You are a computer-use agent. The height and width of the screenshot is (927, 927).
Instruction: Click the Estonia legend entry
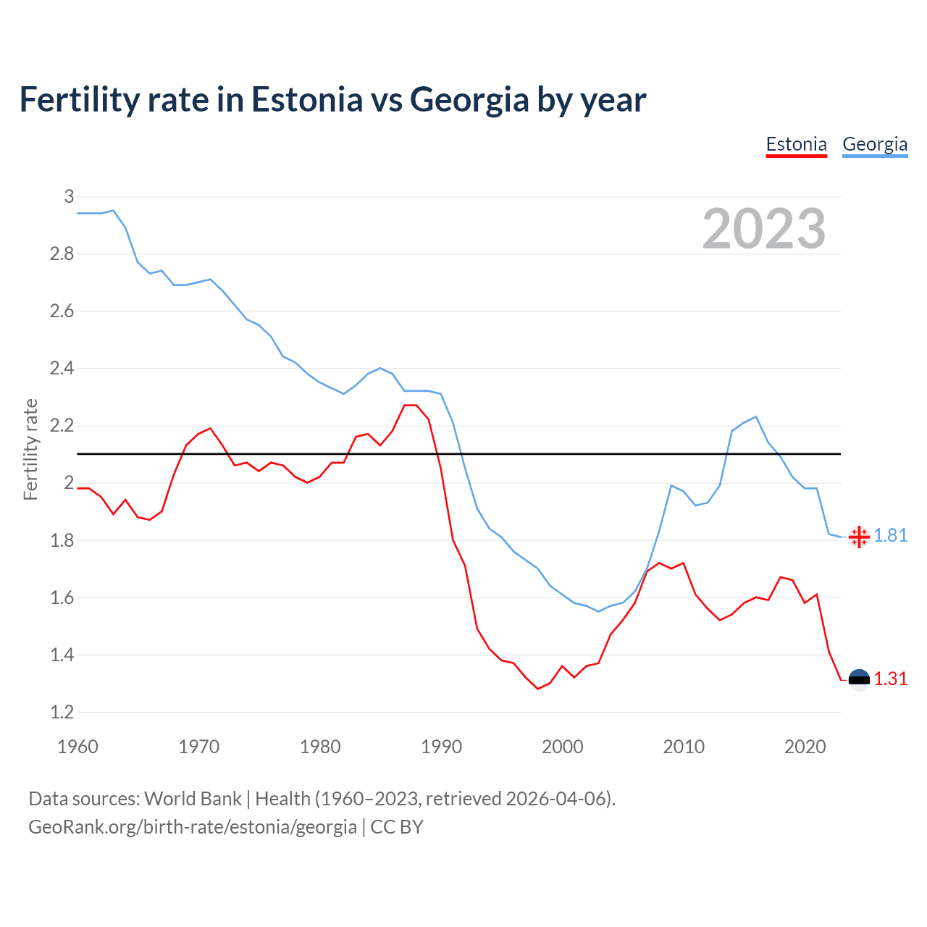coord(796,144)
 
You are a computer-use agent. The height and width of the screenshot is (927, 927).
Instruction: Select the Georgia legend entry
coord(874,144)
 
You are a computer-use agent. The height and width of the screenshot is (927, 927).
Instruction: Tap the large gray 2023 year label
coord(763,229)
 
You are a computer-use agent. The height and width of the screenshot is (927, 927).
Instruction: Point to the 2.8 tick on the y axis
coord(62,253)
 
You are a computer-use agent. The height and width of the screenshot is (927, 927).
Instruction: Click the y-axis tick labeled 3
coord(69,196)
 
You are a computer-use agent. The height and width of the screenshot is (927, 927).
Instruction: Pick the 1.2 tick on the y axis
coord(62,712)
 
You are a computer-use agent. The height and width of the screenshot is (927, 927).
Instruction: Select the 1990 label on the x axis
coord(441,747)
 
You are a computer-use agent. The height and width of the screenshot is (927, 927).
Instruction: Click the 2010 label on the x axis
coord(683,747)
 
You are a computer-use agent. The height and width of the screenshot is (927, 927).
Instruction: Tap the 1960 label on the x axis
coord(77,747)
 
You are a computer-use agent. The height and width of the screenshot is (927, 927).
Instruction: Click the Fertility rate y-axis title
coord(30,449)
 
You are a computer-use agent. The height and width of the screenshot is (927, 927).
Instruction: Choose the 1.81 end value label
coord(890,535)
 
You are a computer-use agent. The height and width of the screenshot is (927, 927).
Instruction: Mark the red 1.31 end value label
coord(890,679)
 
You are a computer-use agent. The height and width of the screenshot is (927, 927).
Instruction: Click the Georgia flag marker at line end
coord(859,537)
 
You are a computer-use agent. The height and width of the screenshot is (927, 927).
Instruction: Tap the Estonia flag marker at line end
coord(859,679)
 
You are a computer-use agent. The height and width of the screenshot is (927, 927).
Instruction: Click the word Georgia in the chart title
coord(469,100)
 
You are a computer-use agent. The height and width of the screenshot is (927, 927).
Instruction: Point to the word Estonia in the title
coord(306,100)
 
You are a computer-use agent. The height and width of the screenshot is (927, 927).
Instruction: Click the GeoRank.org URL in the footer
coord(192,827)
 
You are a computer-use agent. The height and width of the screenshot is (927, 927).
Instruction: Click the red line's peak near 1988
coord(411,405)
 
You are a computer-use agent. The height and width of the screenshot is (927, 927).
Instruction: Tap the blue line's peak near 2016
coord(756,416)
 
